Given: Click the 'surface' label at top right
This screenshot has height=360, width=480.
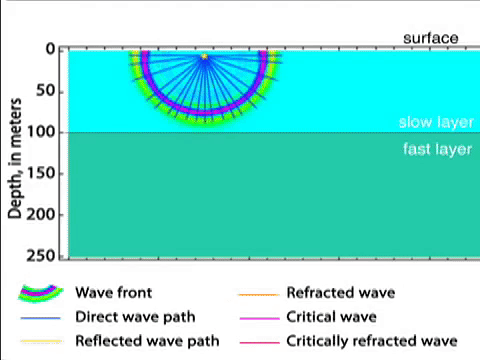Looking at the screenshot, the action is (431, 38).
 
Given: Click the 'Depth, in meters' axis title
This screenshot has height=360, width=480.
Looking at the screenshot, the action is (15, 150).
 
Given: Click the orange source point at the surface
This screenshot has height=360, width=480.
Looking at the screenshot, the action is (204, 57).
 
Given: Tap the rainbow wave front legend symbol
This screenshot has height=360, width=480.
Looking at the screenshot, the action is (40, 294).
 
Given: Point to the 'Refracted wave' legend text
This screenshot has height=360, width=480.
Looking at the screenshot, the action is (340, 293).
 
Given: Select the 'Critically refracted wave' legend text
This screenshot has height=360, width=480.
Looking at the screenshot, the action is (371, 340).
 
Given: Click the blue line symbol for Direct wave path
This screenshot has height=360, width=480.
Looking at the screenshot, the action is (41, 318).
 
